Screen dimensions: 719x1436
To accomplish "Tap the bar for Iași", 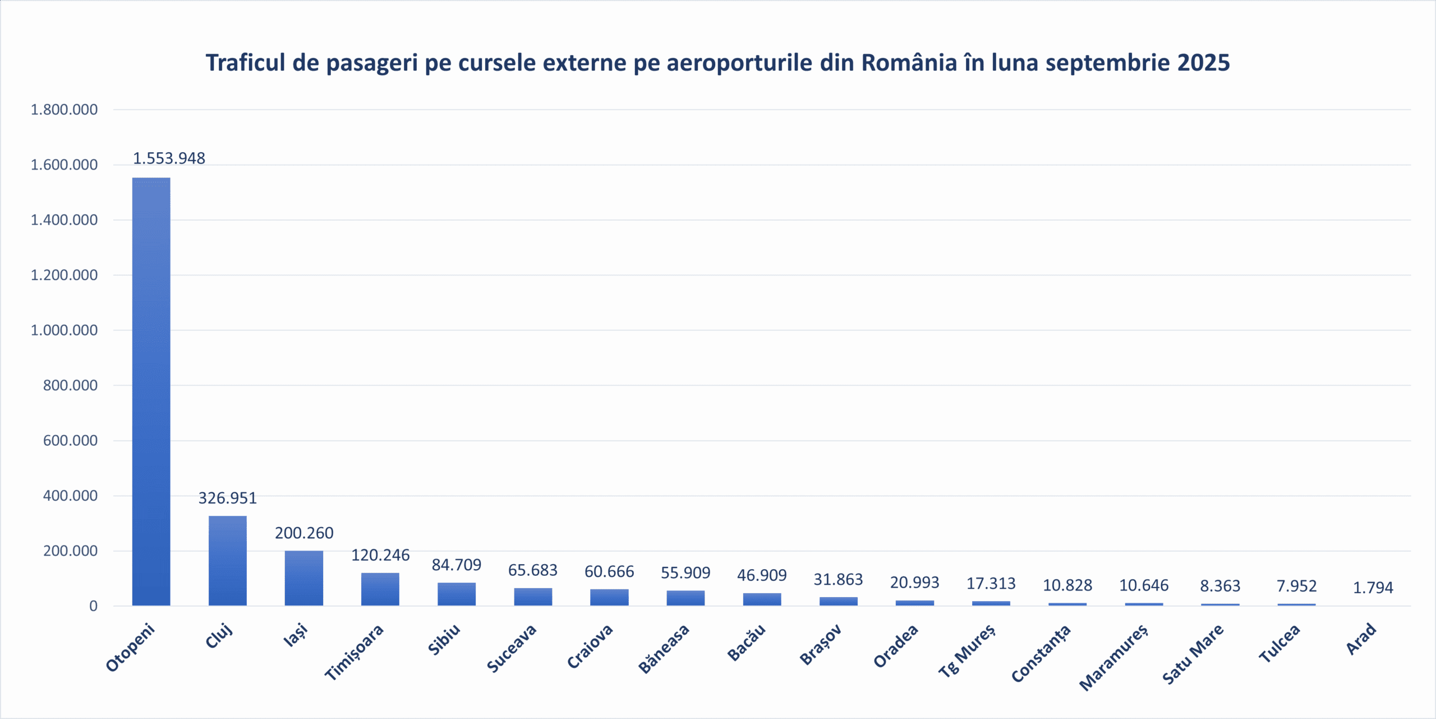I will click(303, 578).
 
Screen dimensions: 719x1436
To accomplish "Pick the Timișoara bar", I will click(380, 589).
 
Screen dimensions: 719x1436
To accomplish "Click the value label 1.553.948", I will click(169, 158).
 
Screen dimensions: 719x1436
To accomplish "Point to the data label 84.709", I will click(456, 565).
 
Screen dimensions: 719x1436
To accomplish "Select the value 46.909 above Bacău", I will click(761, 575).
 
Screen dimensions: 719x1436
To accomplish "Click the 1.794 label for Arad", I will click(1373, 588).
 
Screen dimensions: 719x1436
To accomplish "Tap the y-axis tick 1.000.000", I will click(64, 330).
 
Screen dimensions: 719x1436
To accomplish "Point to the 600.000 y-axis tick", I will click(70, 441).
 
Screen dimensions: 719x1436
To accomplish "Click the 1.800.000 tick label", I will click(64, 109).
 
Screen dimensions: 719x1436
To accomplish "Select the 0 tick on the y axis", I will click(93, 606).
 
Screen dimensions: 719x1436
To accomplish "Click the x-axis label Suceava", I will click(512, 648).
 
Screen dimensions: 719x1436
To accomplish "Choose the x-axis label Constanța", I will click(1041, 653).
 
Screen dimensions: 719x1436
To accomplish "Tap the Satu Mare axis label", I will click(1193, 654).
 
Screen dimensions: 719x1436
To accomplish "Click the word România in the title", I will click(909, 63).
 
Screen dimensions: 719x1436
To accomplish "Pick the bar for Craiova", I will click(609, 597).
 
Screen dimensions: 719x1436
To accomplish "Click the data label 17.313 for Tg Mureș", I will click(991, 584).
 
